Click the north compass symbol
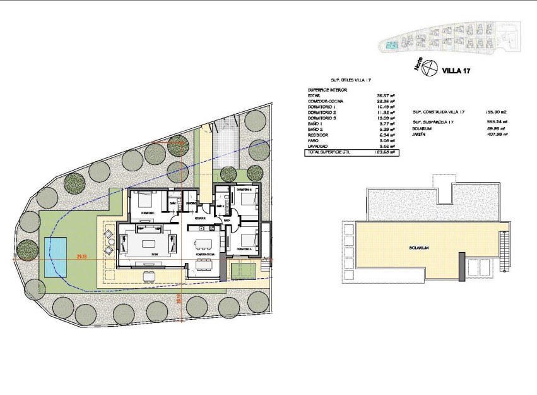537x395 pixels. (x=428, y=68)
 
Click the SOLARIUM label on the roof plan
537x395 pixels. (x=418, y=248)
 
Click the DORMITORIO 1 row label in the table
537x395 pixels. (x=322, y=107)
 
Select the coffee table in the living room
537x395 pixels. (x=149, y=243)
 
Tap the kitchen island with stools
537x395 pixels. (x=203, y=243)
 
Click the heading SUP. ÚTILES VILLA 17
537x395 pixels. (x=351, y=81)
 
